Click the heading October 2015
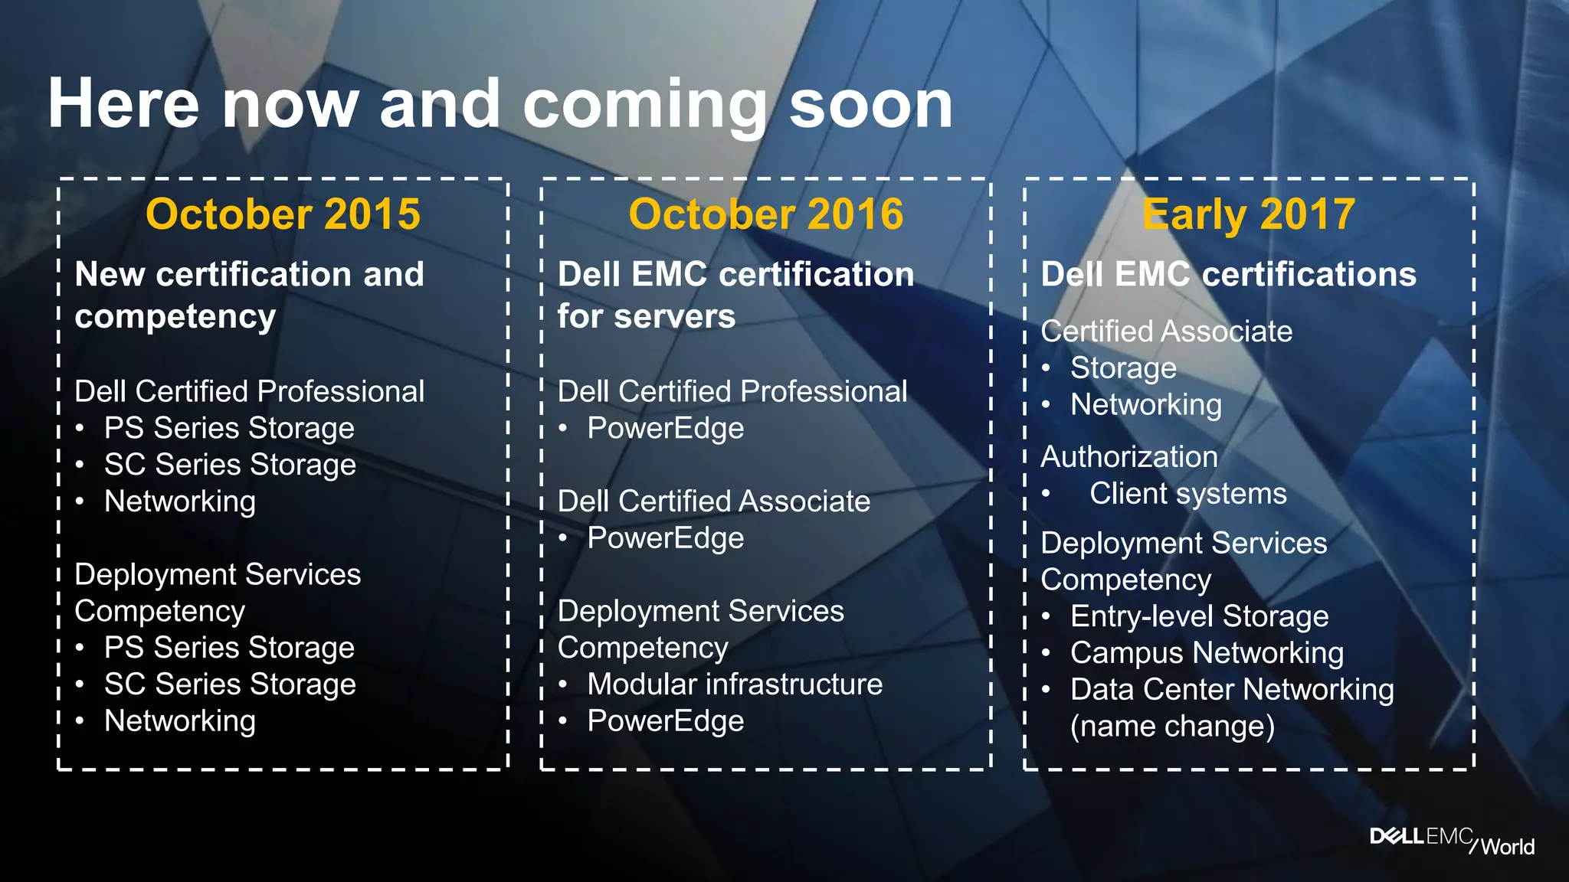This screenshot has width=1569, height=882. [283, 214]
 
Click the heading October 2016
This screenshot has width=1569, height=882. [765, 214]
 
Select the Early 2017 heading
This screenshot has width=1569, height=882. [1248, 214]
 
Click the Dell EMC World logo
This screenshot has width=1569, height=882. [1451, 840]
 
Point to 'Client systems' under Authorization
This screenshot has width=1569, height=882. [1187, 494]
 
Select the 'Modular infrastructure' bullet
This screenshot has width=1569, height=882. [734, 684]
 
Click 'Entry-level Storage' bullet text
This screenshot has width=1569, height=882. [1199, 616]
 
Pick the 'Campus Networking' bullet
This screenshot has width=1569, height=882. [1207, 653]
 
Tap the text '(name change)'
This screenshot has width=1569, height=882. [1172, 727]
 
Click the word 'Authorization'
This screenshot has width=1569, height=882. [1128, 457]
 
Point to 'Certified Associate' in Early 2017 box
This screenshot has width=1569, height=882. [1166, 332]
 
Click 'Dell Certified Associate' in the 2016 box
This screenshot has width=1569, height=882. [713, 501]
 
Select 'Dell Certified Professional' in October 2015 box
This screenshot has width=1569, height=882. [249, 391]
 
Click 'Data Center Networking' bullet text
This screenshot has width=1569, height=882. [1232, 690]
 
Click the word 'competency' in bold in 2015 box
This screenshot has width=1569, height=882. [175, 316]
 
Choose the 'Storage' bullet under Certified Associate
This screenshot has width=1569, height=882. [1123, 368]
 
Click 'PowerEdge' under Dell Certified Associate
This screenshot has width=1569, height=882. [665, 538]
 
